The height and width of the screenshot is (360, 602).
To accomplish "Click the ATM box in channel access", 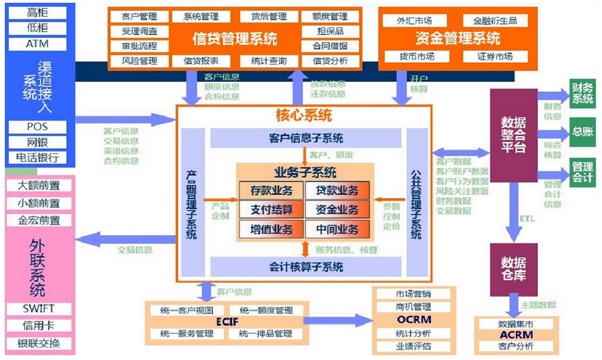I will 37,44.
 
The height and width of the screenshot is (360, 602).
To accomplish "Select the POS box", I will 37,127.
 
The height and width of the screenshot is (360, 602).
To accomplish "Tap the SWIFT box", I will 37,309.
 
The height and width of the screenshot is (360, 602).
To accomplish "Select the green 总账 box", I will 582,132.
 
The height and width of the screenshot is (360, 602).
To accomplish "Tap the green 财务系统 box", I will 582,94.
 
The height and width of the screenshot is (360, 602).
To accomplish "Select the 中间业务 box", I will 338,228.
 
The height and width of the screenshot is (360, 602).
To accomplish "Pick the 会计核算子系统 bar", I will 306,266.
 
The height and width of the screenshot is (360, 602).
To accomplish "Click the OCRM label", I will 413,320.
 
